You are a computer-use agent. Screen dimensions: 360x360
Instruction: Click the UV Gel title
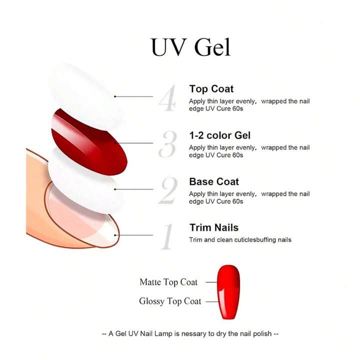190,47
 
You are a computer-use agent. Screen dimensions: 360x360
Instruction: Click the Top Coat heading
211,89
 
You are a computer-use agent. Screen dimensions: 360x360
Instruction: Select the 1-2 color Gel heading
219,135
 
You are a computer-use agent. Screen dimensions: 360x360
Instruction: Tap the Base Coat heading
214,181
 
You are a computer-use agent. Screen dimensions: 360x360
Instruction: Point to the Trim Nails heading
214,228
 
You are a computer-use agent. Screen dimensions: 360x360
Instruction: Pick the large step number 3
168,144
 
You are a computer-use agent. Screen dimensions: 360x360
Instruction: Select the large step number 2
168,190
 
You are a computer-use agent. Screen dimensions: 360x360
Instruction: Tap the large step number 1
167,236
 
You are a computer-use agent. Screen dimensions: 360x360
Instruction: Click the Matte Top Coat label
168,282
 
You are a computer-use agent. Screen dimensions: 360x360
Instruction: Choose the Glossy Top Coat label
170,301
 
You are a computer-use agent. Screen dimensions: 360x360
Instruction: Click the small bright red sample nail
228,292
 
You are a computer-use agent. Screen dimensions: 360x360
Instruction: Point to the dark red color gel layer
89,142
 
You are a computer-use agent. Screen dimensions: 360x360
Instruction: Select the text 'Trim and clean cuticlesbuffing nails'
240,240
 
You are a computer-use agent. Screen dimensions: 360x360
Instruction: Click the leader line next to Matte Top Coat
211,282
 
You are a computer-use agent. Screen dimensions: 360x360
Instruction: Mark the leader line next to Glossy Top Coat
212,301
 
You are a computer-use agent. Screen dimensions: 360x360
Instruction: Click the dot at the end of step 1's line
115,235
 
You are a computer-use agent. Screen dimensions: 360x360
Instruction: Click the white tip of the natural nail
108,232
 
